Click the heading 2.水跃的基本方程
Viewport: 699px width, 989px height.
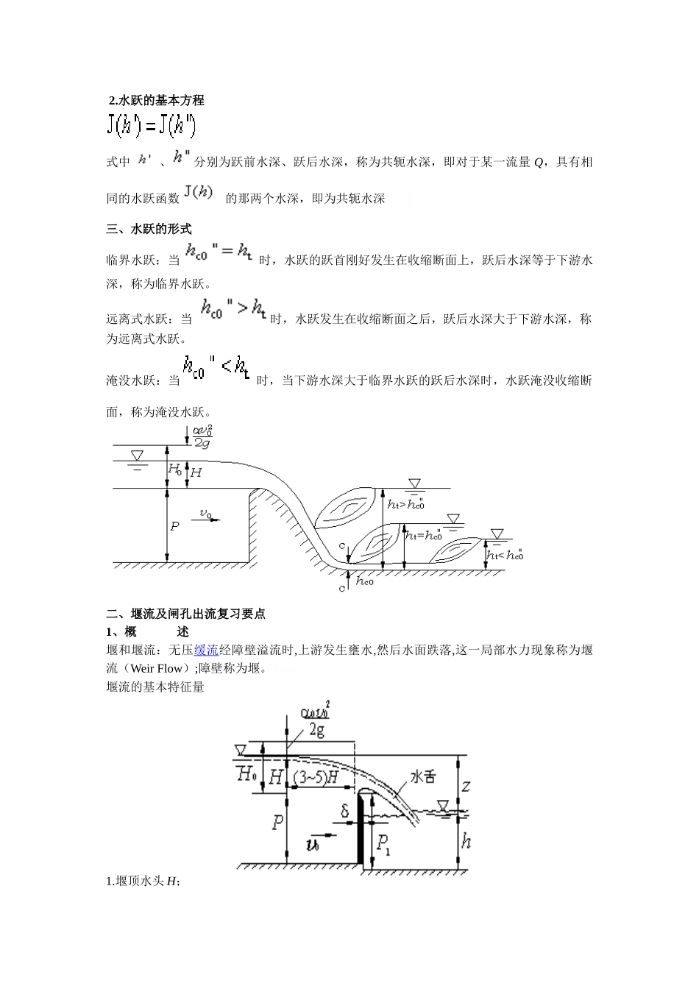pyautogui.click(x=156, y=101)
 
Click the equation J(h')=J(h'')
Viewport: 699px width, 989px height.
pyautogui.click(x=151, y=127)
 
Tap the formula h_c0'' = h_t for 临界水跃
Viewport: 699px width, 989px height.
pyautogui.click(x=219, y=253)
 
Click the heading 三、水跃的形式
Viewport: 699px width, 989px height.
pyautogui.click(x=149, y=230)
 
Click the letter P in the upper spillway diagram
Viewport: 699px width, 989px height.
pyautogui.click(x=174, y=526)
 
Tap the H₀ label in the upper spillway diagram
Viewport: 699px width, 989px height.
pyautogui.click(x=174, y=469)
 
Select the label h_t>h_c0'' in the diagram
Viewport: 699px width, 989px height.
pyautogui.click(x=406, y=503)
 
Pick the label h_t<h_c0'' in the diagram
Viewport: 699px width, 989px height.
pyautogui.click(x=505, y=555)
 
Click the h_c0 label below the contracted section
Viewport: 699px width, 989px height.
pyautogui.click(x=365, y=581)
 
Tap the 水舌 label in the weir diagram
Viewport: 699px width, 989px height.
pyautogui.click(x=422, y=777)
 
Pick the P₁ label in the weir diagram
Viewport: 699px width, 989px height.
pyautogui.click(x=383, y=845)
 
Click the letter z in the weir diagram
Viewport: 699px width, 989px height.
pyautogui.click(x=466, y=787)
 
